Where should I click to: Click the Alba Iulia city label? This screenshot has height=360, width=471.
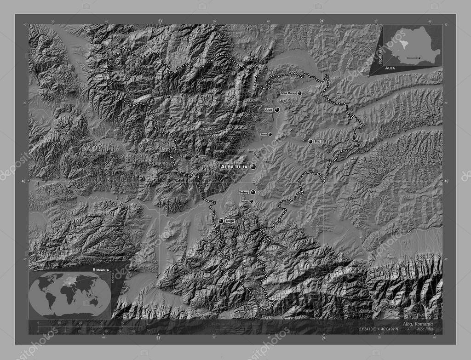pos(234,166)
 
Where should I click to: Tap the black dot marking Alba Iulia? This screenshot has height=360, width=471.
pos(253,167)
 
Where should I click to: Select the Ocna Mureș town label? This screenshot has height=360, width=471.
pos(288,93)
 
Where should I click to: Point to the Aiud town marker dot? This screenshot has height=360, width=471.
pos(277,110)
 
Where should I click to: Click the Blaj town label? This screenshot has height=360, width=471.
pos(317,142)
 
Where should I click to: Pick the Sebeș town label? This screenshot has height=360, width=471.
pos(244,192)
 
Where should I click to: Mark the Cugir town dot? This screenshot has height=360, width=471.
pos(221,221)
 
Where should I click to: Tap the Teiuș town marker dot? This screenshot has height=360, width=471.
pos(270,134)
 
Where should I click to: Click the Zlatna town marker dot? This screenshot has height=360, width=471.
pos(196,156)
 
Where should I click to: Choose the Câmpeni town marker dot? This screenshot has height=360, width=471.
pos(168,97)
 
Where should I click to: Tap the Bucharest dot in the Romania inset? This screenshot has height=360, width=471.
pos(419,57)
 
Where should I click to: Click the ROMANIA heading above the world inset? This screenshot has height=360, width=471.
pos(100,269)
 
